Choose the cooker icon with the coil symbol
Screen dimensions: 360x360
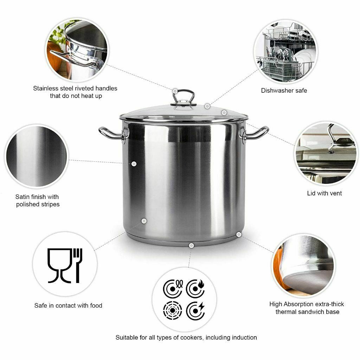(x=173, y=289)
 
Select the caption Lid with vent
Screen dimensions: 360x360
(x=324, y=193)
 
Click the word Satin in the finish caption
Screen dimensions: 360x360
(x=22, y=197)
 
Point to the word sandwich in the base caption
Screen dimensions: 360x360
(x=317, y=312)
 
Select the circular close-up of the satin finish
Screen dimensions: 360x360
(x=37, y=156)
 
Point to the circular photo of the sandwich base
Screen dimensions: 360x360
(x=303, y=266)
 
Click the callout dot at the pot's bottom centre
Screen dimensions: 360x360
(x=191, y=245)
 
